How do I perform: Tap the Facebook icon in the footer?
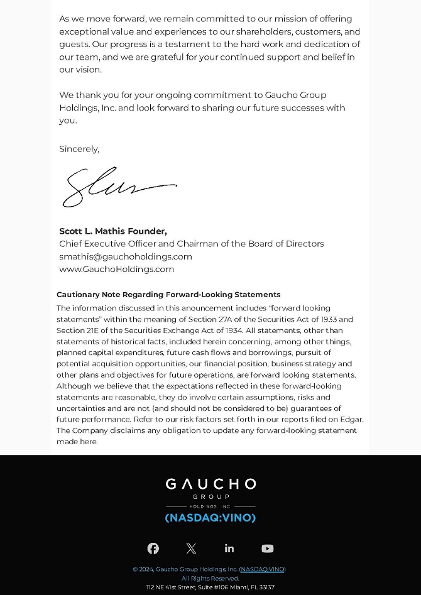pyautogui.click(x=153, y=549)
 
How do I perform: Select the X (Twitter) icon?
pyautogui.click(x=192, y=549)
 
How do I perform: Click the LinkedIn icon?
pyautogui.click(x=229, y=549)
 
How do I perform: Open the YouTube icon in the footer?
pyautogui.click(x=268, y=549)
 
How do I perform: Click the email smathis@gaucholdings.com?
pyautogui.click(x=126, y=256)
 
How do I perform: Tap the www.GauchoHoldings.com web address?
pyautogui.click(x=116, y=269)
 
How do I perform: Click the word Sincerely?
pyautogui.click(x=79, y=149)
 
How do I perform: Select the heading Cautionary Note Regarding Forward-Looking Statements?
pyautogui.click(x=168, y=294)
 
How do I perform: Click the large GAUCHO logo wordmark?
pyautogui.click(x=210, y=484)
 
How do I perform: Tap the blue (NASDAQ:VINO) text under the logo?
pyautogui.click(x=210, y=518)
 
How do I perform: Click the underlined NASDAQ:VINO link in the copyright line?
pyautogui.click(x=263, y=569)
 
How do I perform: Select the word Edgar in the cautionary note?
pyautogui.click(x=351, y=419)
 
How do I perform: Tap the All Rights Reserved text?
pyautogui.click(x=210, y=578)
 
